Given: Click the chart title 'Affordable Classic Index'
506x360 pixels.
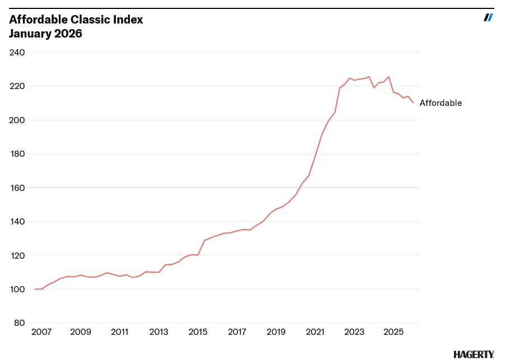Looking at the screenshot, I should [x=76, y=20].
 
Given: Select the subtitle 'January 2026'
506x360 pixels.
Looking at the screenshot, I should [x=45, y=34].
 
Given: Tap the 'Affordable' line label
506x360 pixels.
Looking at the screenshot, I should [x=441, y=103].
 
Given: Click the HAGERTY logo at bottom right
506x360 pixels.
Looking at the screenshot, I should [x=474, y=354].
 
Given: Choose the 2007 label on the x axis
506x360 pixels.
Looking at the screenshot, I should [x=41, y=331].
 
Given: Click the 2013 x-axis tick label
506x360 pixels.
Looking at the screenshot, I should [x=159, y=331].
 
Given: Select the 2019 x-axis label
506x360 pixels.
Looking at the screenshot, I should [x=276, y=331].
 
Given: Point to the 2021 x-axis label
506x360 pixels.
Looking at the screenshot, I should [x=315, y=331].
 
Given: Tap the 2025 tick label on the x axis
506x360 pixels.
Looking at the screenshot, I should [x=393, y=331].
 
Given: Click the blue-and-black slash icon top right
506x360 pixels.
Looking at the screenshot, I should [x=488, y=17].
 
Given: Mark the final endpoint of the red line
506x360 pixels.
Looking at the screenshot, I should [x=413, y=102].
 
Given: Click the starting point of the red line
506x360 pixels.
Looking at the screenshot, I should [x=35, y=289].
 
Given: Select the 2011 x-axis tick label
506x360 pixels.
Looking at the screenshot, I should [x=120, y=331].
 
